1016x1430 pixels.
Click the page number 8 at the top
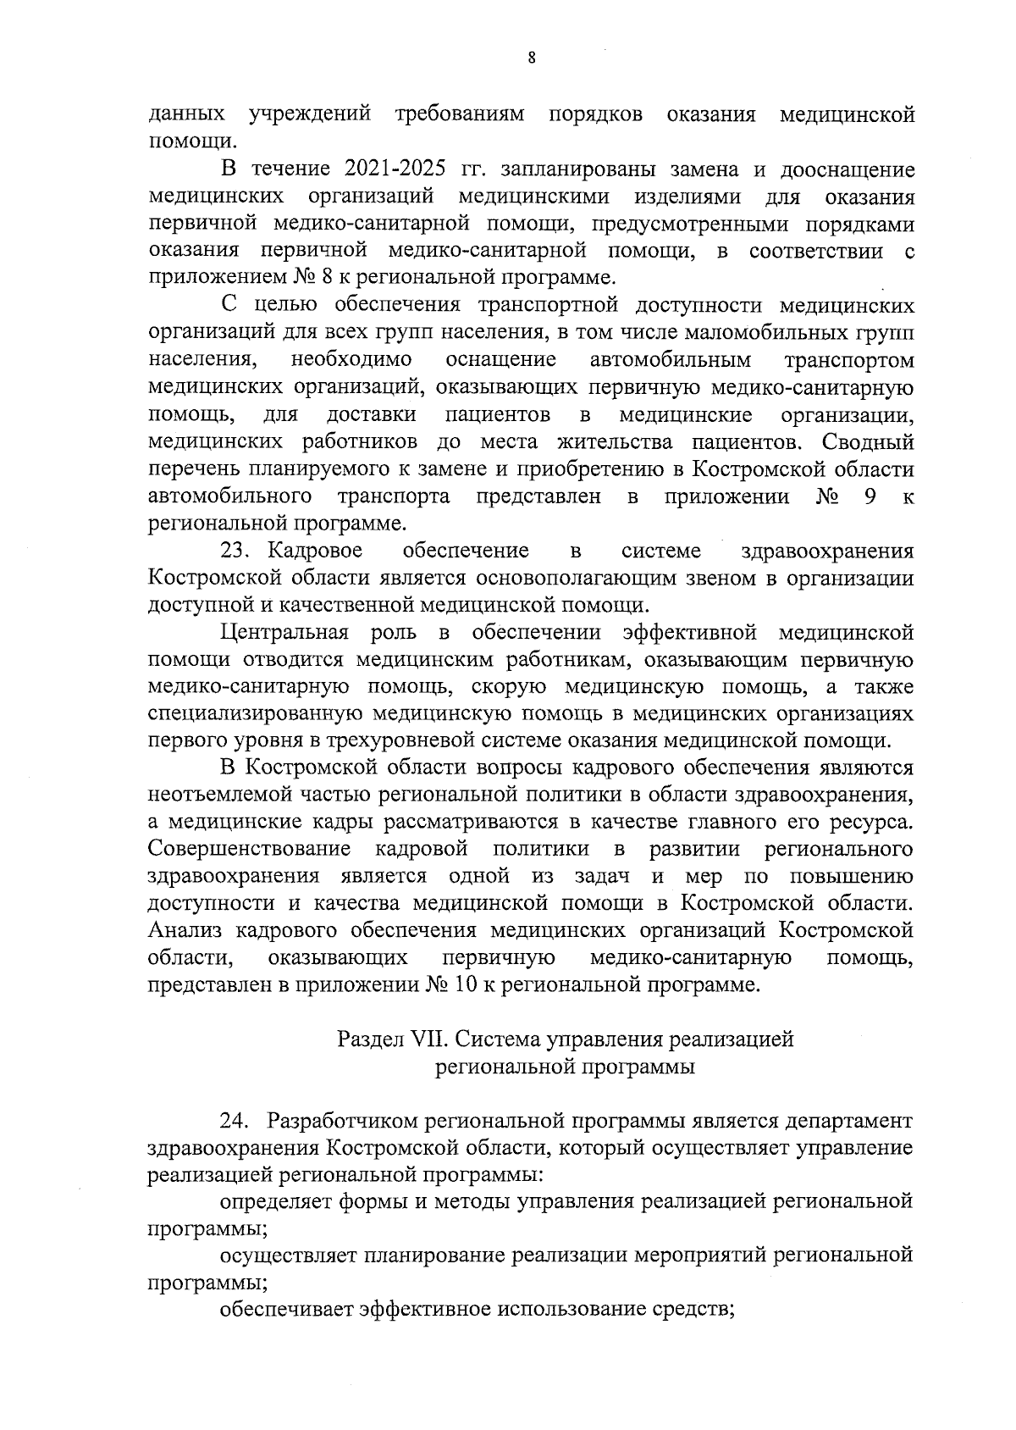(531, 58)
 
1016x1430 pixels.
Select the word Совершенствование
(250, 849)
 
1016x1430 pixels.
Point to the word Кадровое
(315, 551)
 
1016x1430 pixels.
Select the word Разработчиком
(345, 1121)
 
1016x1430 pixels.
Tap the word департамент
(848, 1121)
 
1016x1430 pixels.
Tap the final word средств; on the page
(688, 1310)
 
